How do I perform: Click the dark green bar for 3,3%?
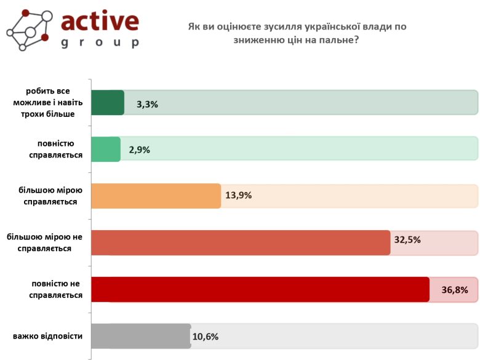tap(108, 102)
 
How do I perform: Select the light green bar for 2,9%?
tap(106, 149)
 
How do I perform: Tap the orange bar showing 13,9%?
tap(156, 196)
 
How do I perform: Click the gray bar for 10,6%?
tap(141, 336)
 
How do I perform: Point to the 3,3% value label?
tap(148, 104)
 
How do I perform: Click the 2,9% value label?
tap(140, 150)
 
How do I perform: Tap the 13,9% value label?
tap(239, 196)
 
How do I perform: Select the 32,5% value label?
tap(407, 239)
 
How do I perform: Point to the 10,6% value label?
tap(206, 337)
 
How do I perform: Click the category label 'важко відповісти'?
tap(47, 337)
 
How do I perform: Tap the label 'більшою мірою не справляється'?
tap(44, 242)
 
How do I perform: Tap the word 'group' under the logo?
tap(100, 43)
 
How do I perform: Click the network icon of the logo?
tap(28, 30)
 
